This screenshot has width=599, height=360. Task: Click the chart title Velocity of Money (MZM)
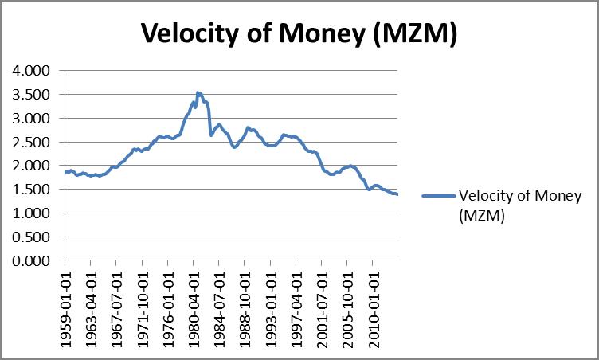(x=299, y=33)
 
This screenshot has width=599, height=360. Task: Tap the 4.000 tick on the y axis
(x=32, y=70)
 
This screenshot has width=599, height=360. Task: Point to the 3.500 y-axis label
(x=32, y=94)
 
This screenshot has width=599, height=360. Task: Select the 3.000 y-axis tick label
(x=32, y=118)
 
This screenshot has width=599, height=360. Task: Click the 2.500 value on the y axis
(x=32, y=142)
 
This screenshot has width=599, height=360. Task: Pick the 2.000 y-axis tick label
(x=32, y=166)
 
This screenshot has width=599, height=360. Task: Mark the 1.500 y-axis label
(x=32, y=190)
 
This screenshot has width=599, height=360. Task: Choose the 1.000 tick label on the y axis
(x=32, y=213)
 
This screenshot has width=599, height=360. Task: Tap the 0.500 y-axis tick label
(x=32, y=237)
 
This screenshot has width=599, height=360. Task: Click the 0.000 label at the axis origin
(x=32, y=260)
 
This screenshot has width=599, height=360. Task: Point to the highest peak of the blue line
(x=198, y=92)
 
